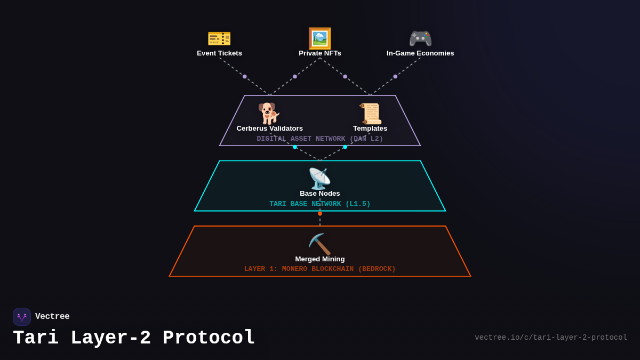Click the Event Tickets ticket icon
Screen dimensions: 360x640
tap(219, 38)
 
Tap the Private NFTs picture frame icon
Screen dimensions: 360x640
tap(319, 38)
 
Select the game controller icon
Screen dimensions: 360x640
tap(420, 38)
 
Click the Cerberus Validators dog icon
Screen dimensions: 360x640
tap(269, 113)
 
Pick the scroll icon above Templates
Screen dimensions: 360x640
tap(370, 113)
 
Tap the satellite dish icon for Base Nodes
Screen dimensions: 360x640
tap(319, 179)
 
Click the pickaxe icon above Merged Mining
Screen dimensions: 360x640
tap(319, 244)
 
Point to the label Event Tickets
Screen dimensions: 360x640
tap(219, 53)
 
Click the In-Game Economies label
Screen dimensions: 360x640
tap(420, 53)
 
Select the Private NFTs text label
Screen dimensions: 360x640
tap(319, 53)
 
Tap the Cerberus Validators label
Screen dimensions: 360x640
tap(269, 129)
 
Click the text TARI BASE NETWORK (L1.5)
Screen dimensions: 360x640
tap(319, 204)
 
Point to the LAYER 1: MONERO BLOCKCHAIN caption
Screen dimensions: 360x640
tap(319, 269)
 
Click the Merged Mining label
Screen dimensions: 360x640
tap(319, 259)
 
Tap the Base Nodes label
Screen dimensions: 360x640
tap(319, 194)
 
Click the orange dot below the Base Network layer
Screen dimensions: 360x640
tap(320, 213)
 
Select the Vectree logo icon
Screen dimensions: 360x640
tap(22, 317)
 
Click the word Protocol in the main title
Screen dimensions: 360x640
tap(209, 338)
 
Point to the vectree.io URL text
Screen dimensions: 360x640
tap(550, 338)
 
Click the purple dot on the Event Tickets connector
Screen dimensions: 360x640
tap(245, 76)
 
